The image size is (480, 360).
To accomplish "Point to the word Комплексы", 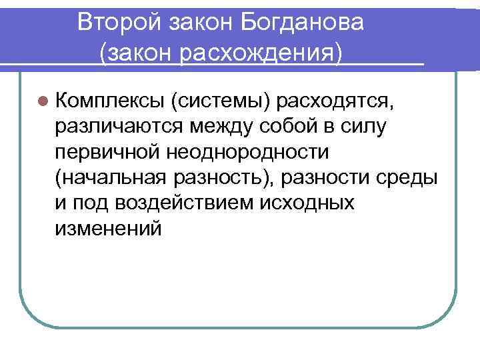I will click(x=111, y=101).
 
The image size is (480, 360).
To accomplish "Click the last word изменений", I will click(x=109, y=228).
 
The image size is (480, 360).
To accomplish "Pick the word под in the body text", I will click(x=88, y=203).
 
